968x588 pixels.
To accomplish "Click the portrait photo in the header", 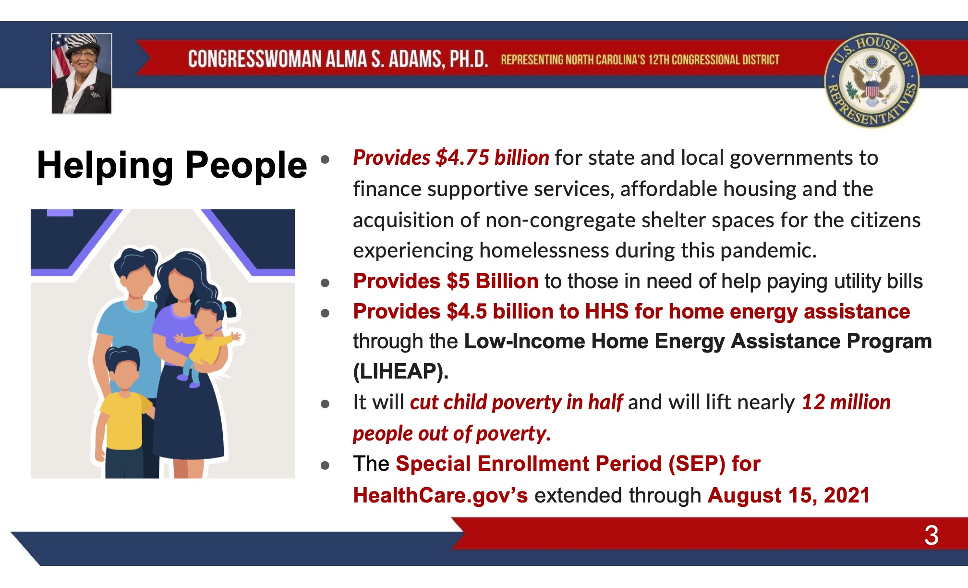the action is [82, 73].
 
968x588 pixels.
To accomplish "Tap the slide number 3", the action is [931, 535].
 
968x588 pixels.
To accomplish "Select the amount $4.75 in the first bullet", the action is [462, 158].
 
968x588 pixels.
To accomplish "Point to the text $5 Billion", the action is [492, 281].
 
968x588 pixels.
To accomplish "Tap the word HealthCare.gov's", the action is [440, 495].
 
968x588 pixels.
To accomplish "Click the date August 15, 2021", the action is [788, 495].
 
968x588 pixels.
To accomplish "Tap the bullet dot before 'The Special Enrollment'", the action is [325, 465].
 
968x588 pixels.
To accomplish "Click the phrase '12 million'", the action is [846, 402].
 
